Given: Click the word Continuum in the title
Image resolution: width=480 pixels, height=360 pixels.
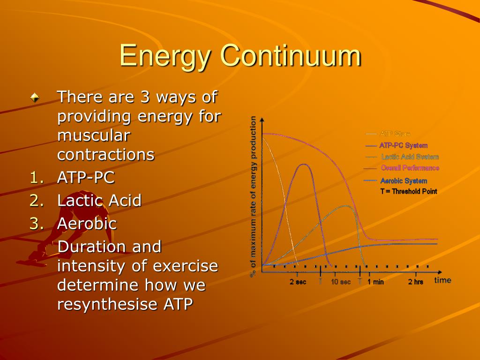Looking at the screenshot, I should click(x=291, y=56).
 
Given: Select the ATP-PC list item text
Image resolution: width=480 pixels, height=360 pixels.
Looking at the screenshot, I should click(x=86, y=178).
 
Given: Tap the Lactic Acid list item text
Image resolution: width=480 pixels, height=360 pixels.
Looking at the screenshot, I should click(x=99, y=201).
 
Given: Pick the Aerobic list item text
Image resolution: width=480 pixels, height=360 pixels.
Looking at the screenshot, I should click(x=87, y=224).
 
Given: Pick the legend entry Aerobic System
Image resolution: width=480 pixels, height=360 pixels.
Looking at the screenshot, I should click(x=404, y=181).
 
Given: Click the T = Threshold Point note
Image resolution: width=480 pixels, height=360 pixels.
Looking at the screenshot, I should click(x=408, y=191).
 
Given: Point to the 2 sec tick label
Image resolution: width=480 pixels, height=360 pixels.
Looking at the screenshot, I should click(x=298, y=282).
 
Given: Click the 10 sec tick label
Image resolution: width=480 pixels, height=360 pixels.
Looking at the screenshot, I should click(x=341, y=282).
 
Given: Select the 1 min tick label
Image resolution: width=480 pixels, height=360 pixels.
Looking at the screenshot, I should click(x=375, y=282).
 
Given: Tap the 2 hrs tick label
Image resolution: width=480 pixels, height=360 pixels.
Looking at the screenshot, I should click(x=415, y=282).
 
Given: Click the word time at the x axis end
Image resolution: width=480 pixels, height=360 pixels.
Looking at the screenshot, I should click(x=442, y=280).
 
